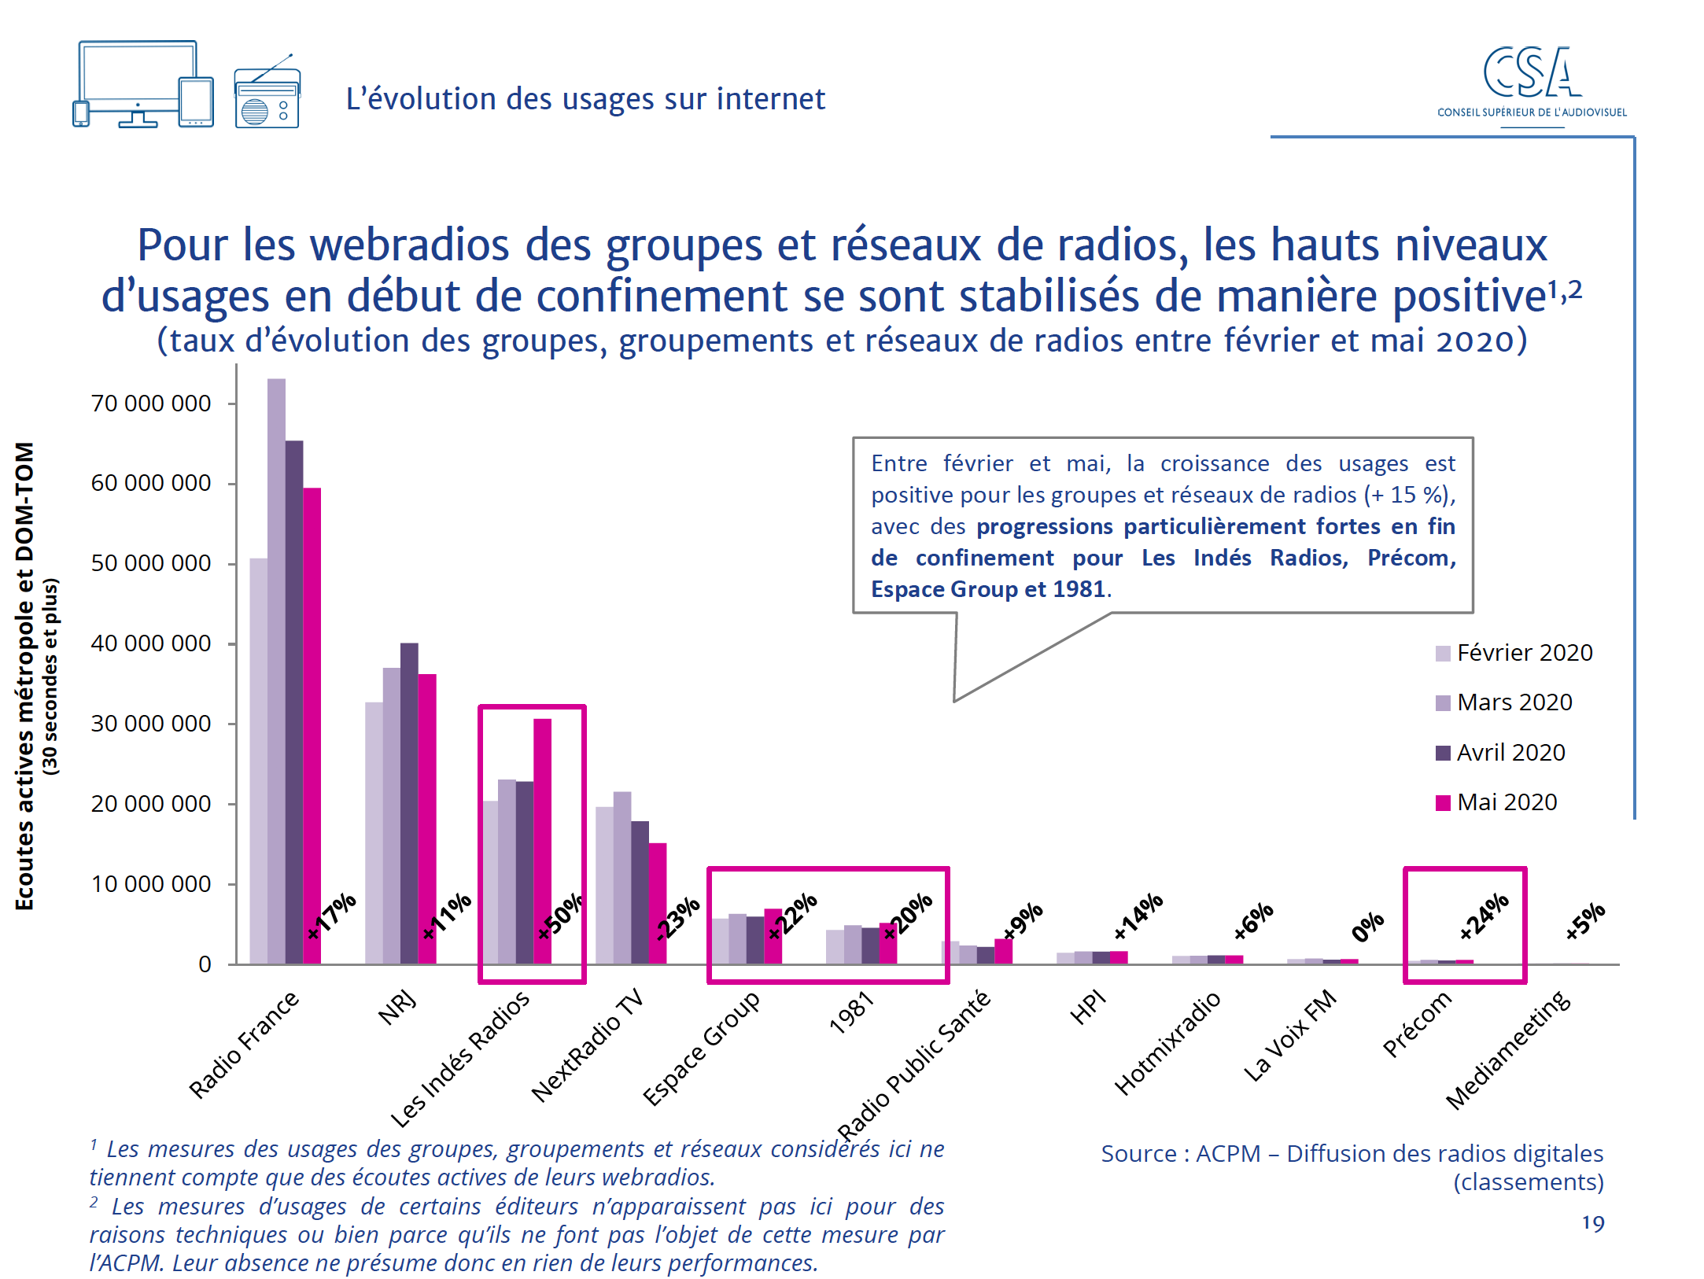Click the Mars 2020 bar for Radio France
(276, 669)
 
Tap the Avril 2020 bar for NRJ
(409, 802)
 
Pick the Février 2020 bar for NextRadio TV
(604, 885)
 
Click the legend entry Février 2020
(1514, 653)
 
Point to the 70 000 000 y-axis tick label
(151, 404)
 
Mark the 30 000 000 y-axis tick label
(151, 724)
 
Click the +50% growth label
(560, 916)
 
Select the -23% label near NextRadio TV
(677, 919)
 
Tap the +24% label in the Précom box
(1484, 916)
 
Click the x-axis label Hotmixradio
(1167, 1043)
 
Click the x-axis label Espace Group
(701, 1048)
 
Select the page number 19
(1593, 1223)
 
